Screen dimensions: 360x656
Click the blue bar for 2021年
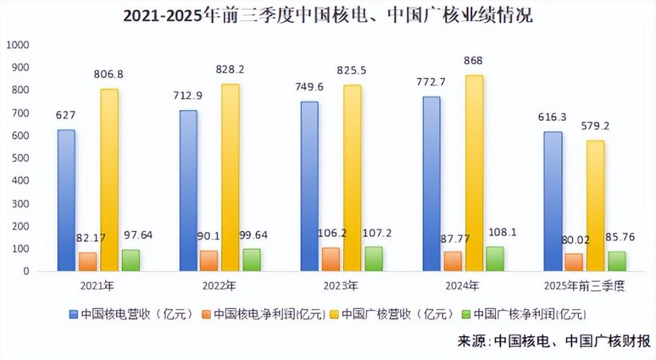point(66,200)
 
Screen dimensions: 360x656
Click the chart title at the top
point(328,16)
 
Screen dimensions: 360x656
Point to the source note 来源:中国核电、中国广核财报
point(554,340)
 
